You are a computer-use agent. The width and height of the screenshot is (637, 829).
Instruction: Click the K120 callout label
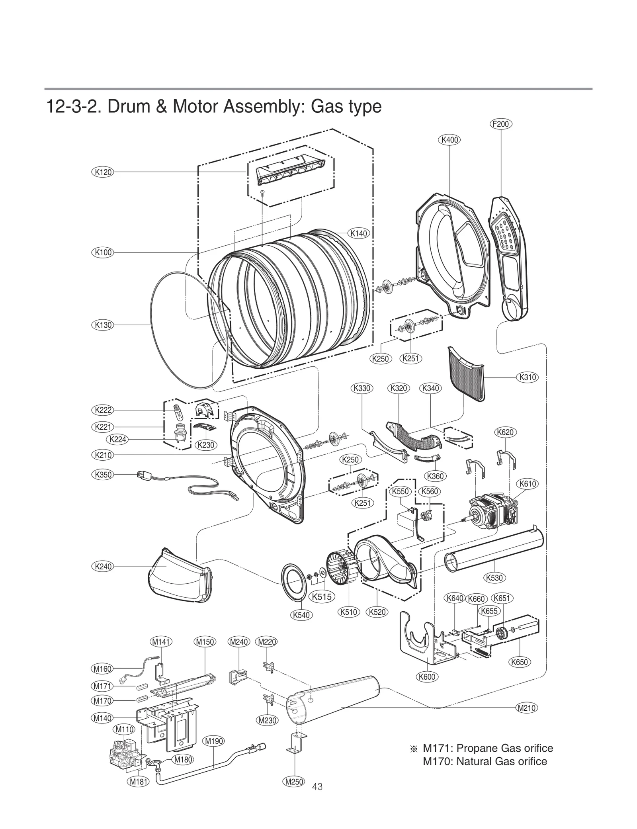pos(103,172)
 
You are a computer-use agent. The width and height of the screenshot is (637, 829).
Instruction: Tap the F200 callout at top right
pos(500,124)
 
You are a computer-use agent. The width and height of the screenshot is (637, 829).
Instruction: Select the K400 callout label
pos(449,140)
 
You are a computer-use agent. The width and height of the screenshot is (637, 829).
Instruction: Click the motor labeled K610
pos(492,514)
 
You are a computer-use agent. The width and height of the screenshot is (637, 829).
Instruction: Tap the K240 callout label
pos(103,566)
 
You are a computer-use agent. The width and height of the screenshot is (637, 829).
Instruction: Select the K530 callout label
pos(495,577)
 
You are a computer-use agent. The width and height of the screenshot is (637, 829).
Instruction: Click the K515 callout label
pos(322,596)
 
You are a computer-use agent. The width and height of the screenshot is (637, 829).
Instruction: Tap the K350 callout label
pos(103,475)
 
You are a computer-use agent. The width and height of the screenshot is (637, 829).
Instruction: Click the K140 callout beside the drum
pos(359,233)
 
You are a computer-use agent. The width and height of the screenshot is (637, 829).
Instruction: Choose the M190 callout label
pos(214,741)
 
